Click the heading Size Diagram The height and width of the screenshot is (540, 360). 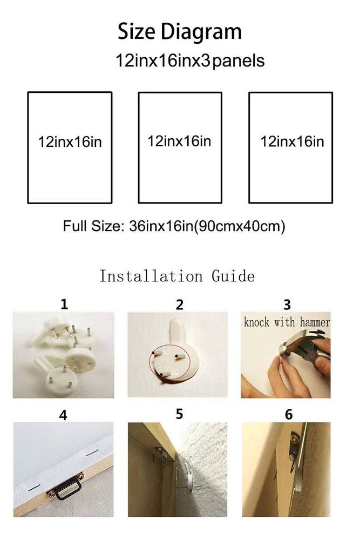[x=180, y=32]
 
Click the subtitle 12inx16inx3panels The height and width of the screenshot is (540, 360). [x=190, y=60]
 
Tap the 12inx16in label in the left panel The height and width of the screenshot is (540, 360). [x=70, y=142]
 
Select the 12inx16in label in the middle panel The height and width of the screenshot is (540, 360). [x=179, y=141]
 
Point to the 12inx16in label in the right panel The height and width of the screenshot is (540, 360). [x=292, y=141]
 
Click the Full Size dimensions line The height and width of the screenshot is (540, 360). [x=174, y=226]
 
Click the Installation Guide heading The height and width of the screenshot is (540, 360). [x=177, y=276]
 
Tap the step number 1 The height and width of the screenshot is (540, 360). [x=64, y=304]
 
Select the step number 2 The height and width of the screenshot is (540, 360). [x=180, y=305]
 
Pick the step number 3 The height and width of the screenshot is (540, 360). [x=287, y=305]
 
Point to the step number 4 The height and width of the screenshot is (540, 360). [x=63, y=415]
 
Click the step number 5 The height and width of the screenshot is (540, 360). [x=179, y=414]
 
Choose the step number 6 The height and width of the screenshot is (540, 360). [x=289, y=415]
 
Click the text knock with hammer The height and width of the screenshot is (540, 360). [x=287, y=322]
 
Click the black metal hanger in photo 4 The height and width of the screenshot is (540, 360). [x=66, y=487]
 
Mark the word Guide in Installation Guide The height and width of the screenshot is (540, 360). [x=233, y=276]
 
